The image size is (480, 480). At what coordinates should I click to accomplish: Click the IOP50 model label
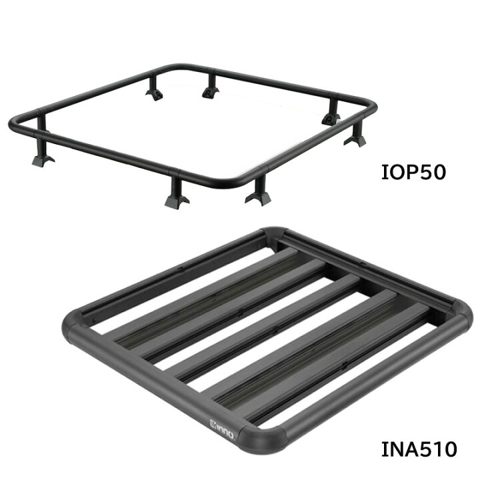point(413,173)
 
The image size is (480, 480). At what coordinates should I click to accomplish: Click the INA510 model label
point(419,449)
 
